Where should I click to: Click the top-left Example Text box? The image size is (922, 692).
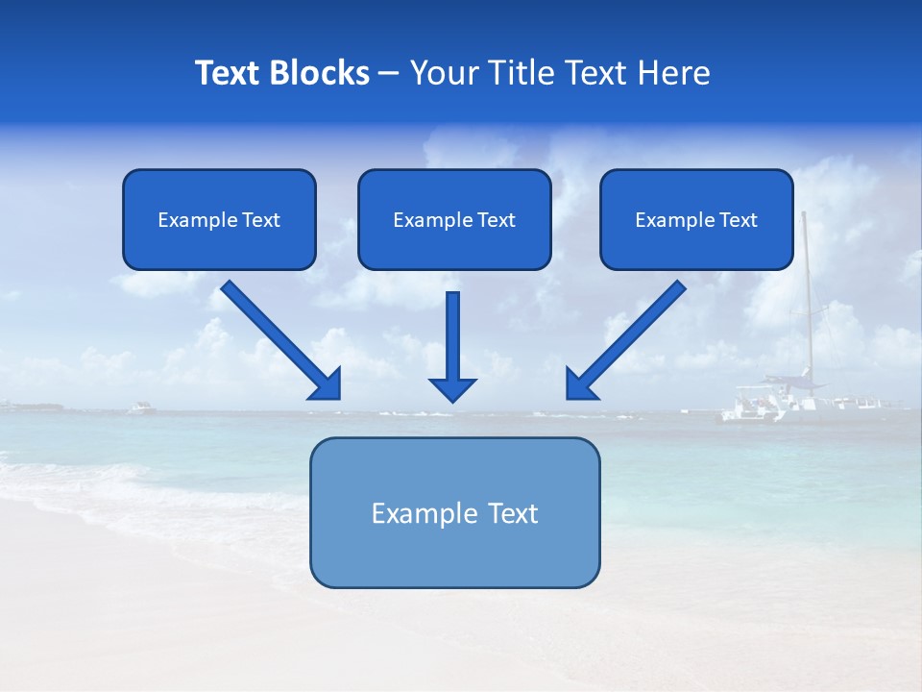coord(219,219)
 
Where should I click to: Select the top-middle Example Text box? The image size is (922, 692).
coord(454,219)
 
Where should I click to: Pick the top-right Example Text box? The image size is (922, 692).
coord(696,219)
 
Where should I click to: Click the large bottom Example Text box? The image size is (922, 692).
coord(454,512)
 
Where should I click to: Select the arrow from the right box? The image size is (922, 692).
coord(634,332)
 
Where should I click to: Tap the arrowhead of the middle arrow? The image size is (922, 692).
coord(452,388)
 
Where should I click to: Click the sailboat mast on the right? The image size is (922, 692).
coord(807,298)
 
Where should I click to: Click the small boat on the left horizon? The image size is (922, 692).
coord(141,408)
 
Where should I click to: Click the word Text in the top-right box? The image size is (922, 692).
coord(739,220)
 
